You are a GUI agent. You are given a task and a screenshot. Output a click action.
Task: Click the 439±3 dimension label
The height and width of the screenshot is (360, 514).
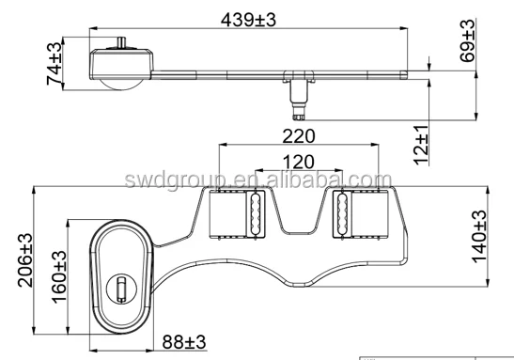(x=248, y=20)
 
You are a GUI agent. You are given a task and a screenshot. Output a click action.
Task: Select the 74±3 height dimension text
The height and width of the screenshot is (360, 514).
(x=55, y=63)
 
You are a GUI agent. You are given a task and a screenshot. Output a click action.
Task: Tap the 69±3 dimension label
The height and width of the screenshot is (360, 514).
(x=467, y=40)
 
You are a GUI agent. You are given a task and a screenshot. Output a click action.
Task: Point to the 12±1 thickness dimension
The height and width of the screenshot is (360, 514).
(x=421, y=145)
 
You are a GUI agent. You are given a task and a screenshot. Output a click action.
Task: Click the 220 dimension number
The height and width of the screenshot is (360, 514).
(x=299, y=136)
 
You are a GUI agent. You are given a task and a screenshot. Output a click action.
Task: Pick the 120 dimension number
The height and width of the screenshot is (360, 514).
(x=298, y=162)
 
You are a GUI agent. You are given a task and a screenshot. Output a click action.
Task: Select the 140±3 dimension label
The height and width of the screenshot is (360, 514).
(x=479, y=236)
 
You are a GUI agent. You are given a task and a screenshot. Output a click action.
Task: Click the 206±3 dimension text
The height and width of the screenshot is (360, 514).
(x=25, y=260)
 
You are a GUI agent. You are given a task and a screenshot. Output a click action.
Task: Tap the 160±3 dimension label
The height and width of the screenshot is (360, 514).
(x=59, y=276)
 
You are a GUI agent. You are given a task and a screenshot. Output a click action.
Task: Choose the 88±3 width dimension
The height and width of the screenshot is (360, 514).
(x=184, y=342)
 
